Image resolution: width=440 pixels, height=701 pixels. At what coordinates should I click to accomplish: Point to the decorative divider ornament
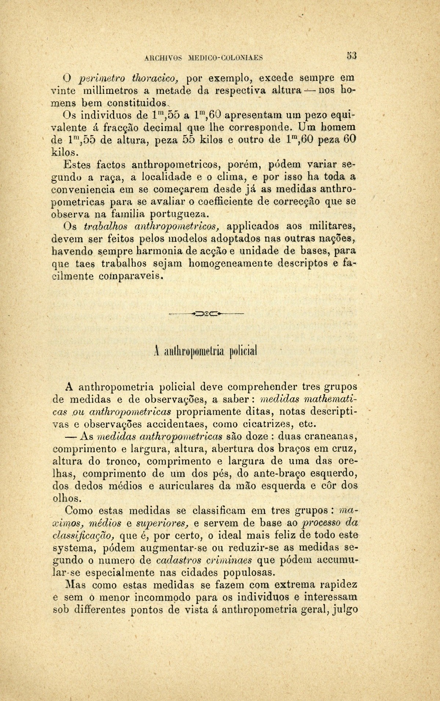pyautogui.click(x=206, y=314)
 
